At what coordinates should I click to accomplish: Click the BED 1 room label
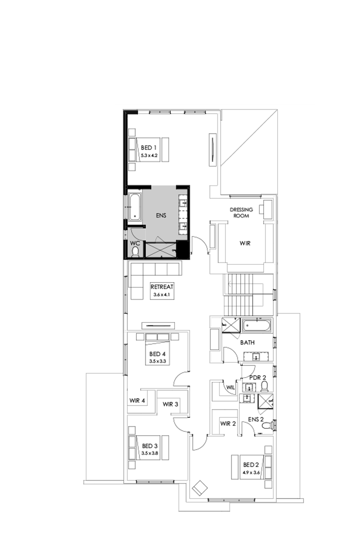pos(149,148)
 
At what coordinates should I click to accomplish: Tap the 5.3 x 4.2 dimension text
pos(149,155)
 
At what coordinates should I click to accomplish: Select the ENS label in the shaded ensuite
pos(161,216)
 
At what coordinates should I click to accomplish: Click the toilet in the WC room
pos(135,251)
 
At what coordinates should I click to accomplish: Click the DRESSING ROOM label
pos(239,213)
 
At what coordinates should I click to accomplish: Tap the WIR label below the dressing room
pos(245,243)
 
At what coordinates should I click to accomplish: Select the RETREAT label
pos(161,287)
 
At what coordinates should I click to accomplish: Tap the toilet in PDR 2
pos(264,385)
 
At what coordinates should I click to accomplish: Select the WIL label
pos(230,388)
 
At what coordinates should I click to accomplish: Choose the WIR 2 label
pos(228,424)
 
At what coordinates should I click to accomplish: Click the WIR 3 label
pos(170,404)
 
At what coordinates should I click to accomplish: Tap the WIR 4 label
pos(137,401)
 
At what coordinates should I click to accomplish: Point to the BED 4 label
pos(157,354)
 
